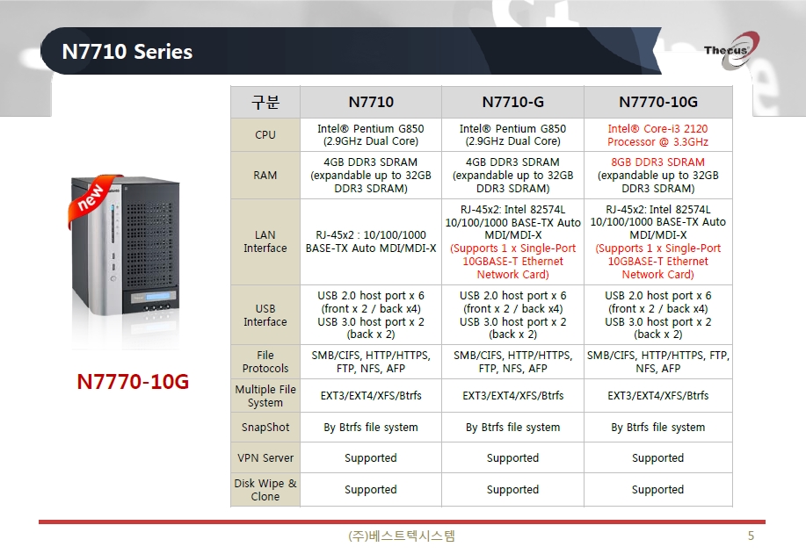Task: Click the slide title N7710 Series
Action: pyautogui.click(x=127, y=51)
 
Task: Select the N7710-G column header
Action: pyautogui.click(x=512, y=102)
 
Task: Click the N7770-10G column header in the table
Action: pyautogui.click(x=658, y=102)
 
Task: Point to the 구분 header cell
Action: pyautogui.click(x=265, y=102)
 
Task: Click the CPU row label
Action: pyautogui.click(x=265, y=134)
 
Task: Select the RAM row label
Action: pyautogui.click(x=265, y=175)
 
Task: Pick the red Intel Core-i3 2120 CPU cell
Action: pyautogui.click(x=658, y=135)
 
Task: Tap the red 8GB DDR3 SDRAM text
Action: pyautogui.click(x=658, y=162)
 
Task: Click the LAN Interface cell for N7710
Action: pyautogui.click(x=371, y=241)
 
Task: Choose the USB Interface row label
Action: pyautogui.click(x=265, y=314)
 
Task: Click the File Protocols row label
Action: pyautogui.click(x=265, y=362)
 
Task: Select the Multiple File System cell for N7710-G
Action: pyautogui.click(x=512, y=395)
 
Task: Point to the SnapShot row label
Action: pyautogui.click(x=265, y=428)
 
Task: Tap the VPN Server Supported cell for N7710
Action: pyautogui.click(x=371, y=457)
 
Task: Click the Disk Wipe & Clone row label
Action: pyautogui.click(x=265, y=490)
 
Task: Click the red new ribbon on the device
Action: pyautogui.click(x=92, y=199)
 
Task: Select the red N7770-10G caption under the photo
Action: pyautogui.click(x=133, y=382)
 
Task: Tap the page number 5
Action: pyautogui.click(x=751, y=536)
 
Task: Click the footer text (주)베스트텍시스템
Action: pyautogui.click(x=402, y=536)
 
